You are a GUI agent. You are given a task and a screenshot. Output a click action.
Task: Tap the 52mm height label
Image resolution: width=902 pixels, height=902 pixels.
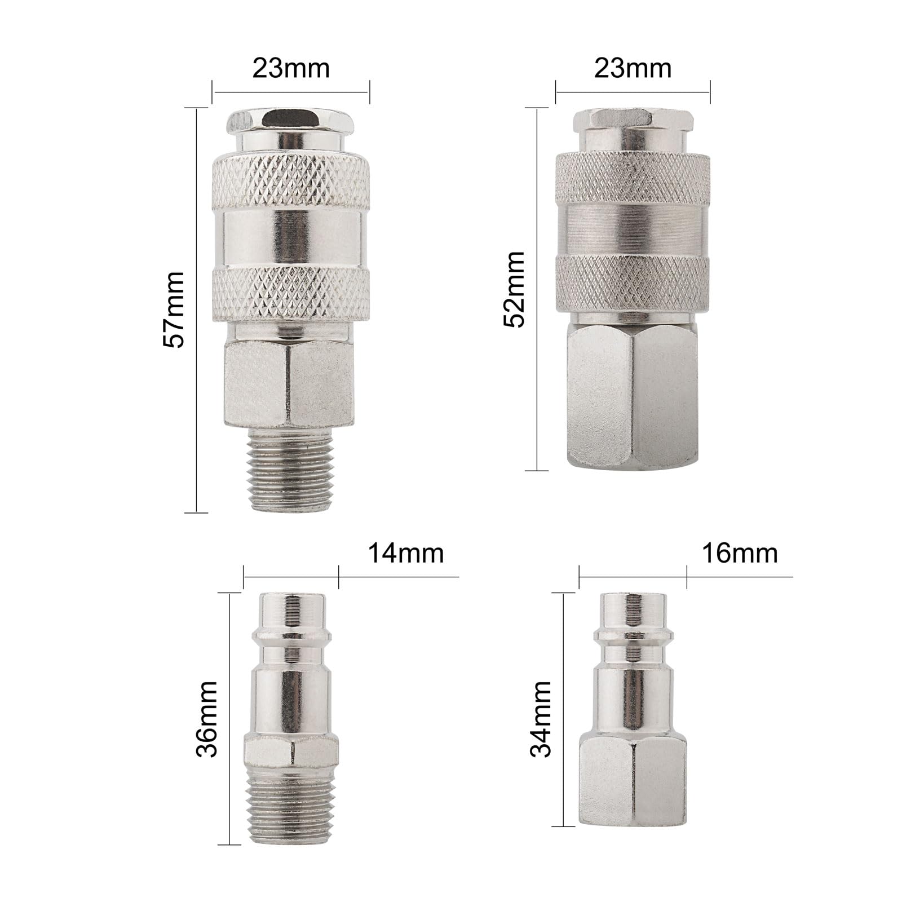pyautogui.click(x=515, y=289)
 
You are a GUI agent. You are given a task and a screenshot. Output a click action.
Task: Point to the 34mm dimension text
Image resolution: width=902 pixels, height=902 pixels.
pyautogui.click(x=542, y=718)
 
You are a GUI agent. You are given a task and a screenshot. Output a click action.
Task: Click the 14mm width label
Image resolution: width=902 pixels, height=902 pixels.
pyautogui.click(x=406, y=554)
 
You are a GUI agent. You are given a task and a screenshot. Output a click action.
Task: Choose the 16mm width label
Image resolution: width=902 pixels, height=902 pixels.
pyautogui.click(x=740, y=554)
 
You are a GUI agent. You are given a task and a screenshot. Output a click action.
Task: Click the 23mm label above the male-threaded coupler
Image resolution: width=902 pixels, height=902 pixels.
pyautogui.click(x=291, y=68)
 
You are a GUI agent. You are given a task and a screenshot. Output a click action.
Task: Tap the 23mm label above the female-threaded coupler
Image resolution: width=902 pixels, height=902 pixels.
pyautogui.click(x=633, y=68)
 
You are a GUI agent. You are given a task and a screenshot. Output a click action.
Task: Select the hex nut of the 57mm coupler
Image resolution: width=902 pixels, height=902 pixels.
pyautogui.click(x=290, y=384)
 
